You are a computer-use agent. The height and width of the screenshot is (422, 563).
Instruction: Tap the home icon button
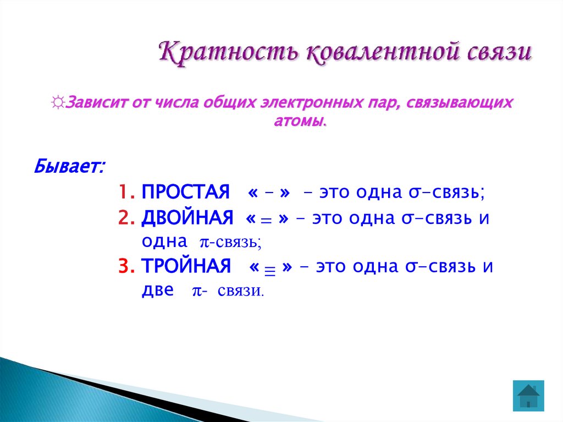[528, 396]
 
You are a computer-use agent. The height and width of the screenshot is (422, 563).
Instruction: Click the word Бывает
[69, 165]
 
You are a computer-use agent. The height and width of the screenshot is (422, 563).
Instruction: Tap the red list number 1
[125, 193]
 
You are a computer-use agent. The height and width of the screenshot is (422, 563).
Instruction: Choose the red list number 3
[126, 266]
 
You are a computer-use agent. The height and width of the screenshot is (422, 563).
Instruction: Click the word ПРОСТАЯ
[185, 193]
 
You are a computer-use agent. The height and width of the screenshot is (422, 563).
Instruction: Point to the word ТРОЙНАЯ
[186, 266]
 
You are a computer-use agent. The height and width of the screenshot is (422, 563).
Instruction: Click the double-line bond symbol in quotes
[266, 220]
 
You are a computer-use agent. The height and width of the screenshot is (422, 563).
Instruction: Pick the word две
[157, 291]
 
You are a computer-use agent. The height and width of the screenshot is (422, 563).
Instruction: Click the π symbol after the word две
[196, 292]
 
